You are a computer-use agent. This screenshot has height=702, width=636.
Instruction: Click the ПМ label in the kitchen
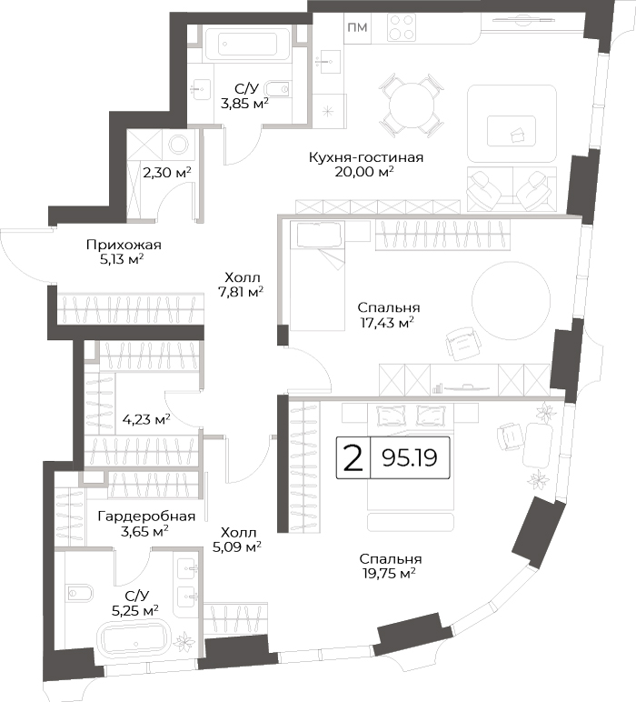point(357,28)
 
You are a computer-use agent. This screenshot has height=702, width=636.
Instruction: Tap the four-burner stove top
point(402,28)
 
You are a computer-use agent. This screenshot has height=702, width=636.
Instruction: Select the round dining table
point(412,105)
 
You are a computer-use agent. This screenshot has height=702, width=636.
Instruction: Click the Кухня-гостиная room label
point(365,157)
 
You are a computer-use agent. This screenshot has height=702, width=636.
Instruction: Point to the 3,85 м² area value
point(244,104)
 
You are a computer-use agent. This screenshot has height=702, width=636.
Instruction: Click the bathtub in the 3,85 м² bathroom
point(247,45)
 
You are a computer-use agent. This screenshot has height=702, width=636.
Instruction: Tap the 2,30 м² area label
point(167,172)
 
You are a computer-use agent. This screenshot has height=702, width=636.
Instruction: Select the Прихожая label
point(124,245)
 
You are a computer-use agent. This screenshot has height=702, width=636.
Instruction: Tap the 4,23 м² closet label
point(146,420)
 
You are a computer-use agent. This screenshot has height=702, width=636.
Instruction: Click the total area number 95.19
point(410,457)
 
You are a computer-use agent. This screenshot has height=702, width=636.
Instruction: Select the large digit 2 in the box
point(353,458)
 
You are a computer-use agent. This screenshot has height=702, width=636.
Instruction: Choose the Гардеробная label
point(146,516)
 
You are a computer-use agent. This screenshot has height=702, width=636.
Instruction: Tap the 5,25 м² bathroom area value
point(136,610)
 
